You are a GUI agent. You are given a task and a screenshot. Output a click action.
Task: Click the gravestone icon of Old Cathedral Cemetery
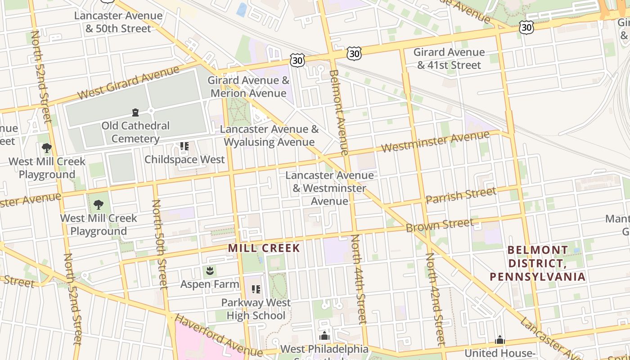[x=135, y=112]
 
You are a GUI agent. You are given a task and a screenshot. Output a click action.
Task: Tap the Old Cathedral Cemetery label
[x=135, y=132]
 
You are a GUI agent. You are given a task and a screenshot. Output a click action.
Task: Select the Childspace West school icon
[x=184, y=146]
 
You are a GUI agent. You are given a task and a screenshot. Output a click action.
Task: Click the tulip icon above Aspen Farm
[x=210, y=271]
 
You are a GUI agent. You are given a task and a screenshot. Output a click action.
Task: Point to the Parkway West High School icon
[x=256, y=289]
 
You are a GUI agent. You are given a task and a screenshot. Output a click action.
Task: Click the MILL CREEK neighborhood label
[x=264, y=248]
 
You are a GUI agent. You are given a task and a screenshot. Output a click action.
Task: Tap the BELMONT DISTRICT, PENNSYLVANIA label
[x=538, y=263]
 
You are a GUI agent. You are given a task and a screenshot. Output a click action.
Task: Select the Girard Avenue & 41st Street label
[x=449, y=58]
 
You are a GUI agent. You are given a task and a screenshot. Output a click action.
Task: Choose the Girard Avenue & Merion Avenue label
[x=248, y=87]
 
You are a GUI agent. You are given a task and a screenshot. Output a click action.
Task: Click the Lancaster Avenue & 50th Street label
[x=118, y=22]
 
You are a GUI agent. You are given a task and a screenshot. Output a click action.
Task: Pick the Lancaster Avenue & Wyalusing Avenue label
[x=269, y=136]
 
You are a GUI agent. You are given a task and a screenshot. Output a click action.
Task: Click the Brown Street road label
[x=439, y=225]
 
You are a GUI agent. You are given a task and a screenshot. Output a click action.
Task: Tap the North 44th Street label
[x=360, y=279]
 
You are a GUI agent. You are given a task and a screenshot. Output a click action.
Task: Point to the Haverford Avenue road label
[x=218, y=335]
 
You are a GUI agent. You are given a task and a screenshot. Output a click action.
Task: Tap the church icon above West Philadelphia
[x=324, y=336]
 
